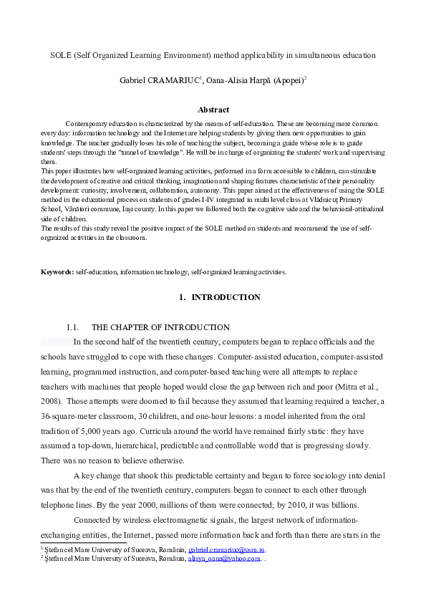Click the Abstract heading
(213, 110)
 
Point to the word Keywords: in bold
(57, 272)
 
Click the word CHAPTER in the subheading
(132, 327)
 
